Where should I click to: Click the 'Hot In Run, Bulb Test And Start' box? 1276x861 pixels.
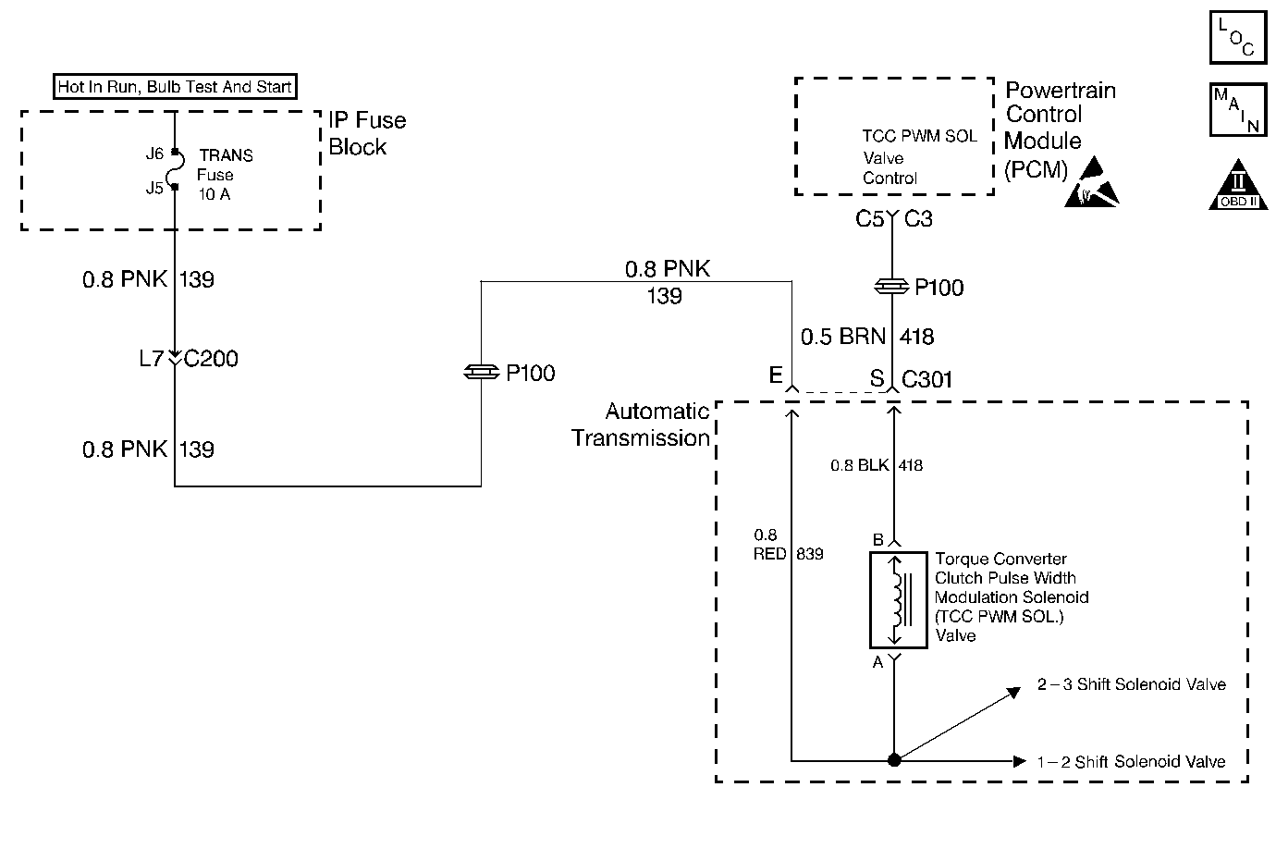click(x=175, y=87)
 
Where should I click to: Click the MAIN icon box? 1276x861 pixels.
click(x=1238, y=109)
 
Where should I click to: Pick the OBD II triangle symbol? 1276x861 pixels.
click(x=1238, y=185)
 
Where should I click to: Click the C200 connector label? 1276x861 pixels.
click(x=211, y=359)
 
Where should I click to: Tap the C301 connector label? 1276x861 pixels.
click(x=926, y=379)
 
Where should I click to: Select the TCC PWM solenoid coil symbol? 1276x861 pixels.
click(x=899, y=600)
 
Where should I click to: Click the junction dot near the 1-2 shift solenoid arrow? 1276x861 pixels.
click(x=894, y=759)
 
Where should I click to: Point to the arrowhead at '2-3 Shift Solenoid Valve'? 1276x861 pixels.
click(x=1013, y=693)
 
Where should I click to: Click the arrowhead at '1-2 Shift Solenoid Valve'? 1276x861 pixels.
click(x=1020, y=761)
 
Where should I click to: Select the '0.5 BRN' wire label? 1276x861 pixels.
click(x=843, y=337)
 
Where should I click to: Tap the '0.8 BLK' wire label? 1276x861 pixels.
click(x=860, y=465)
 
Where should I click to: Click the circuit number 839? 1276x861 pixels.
click(x=809, y=554)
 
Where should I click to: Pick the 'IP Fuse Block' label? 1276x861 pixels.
click(x=367, y=133)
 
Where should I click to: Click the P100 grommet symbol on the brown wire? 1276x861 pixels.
click(x=891, y=287)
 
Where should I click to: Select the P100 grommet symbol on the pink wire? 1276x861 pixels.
click(x=482, y=372)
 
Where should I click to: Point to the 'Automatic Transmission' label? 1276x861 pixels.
click(x=641, y=424)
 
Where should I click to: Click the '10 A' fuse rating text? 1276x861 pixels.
click(x=215, y=194)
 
